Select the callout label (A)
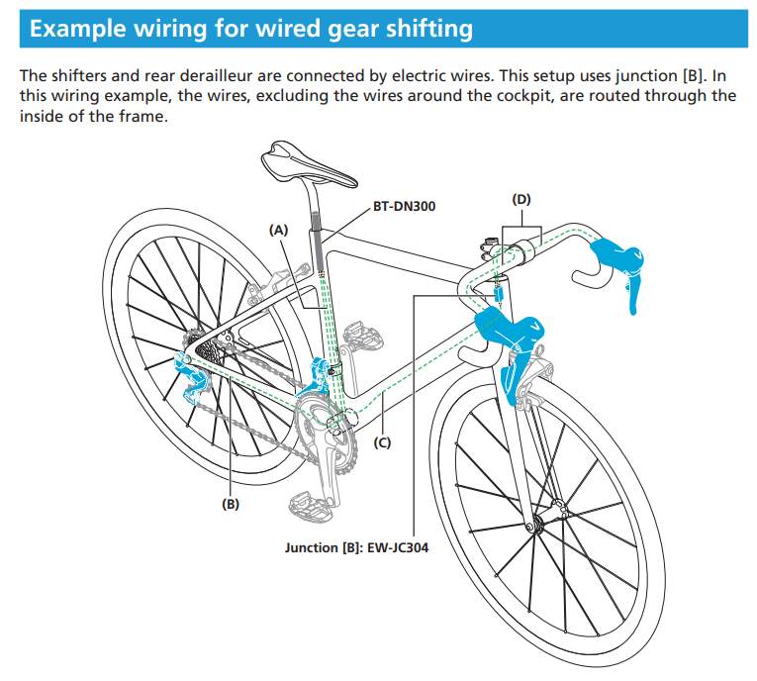coord(278,229)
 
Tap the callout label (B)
coord(230,503)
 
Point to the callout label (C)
coord(381,442)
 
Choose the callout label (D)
coord(521,199)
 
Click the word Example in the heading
coord(80,29)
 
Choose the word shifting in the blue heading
coord(421,29)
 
